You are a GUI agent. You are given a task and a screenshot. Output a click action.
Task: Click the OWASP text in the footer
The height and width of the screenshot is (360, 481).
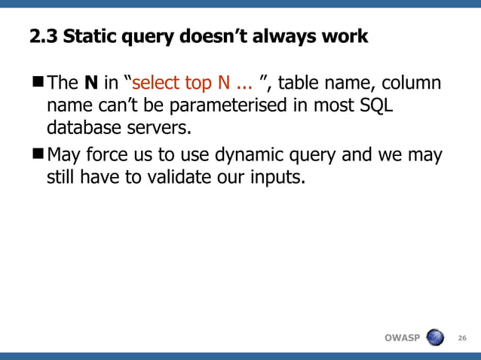coord(402,337)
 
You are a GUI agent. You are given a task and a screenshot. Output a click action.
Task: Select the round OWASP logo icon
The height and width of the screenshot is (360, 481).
coord(436,337)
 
